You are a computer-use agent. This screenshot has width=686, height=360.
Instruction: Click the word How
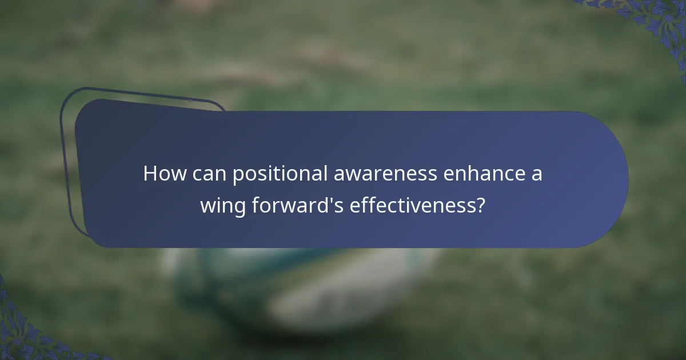165,174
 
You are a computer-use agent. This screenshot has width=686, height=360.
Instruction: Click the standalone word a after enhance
536,175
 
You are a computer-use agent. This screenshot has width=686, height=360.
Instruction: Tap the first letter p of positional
238,176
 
